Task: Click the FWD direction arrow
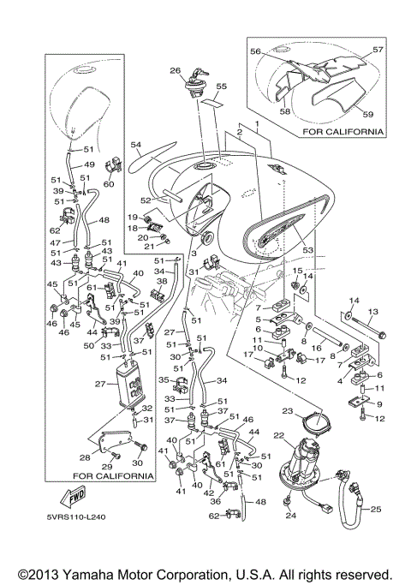click(x=73, y=498)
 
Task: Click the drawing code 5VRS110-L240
click(x=76, y=517)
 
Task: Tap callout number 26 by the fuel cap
click(x=175, y=70)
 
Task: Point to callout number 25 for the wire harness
click(x=376, y=509)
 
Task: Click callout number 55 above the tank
click(x=221, y=87)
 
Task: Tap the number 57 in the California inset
click(x=378, y=49)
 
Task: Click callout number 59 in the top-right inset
click(x=367, y=114)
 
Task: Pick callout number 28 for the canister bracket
click(x=85, y=457)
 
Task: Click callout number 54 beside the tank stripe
click(x=136, y=145)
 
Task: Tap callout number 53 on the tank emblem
click(x=307, y=249)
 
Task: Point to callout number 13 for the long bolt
click(x=372, y=312)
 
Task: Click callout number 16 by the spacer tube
click(x=316, y=348)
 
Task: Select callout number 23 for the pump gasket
click(x=288, y=411)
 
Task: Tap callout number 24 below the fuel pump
click(x=291, y=516)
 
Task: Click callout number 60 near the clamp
click(x=109, y=184)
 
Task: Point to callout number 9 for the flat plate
click(x=379, y=404)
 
